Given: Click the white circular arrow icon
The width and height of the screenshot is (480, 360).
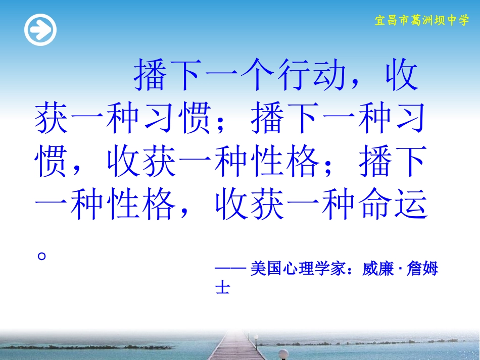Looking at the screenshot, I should tap(40, 30).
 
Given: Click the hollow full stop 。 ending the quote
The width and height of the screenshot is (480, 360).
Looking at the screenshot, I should tap(42, 255).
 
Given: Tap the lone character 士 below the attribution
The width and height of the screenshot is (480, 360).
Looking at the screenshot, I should tap(222, 288).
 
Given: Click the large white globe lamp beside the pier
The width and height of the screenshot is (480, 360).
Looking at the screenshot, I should tap(283, 354).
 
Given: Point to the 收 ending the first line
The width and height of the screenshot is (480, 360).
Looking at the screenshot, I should tap(401, 77).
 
